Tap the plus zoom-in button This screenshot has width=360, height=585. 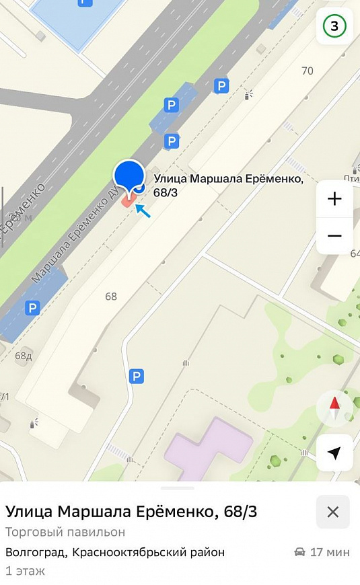(x=334, y=199)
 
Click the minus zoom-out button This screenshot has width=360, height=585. (x=334, y=236)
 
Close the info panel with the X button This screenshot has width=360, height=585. (x=332, y=512)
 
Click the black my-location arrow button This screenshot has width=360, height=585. (x=334, y=453)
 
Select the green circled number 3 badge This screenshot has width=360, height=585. (x=334, y=27)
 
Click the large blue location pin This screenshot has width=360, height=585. (x=129, y=177)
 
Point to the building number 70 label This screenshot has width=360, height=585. (x=308, y=71)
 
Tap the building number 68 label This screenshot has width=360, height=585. (x=111, y=297)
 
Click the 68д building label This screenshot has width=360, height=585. (x=24, y=356)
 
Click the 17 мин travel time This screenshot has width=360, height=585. (x=330, y=553)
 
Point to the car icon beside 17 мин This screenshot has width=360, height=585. (x=299, y=553)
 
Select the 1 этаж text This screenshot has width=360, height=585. (x=25, y=571)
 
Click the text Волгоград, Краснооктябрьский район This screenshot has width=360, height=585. (x=115, y=553)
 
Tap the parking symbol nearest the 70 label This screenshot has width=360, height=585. (x=221, y=85)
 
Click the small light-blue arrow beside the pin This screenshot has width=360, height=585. (x=143, y=210)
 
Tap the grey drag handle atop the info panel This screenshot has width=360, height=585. (x=180, y=487)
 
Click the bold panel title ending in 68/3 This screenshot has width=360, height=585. (x=131, y=512)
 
